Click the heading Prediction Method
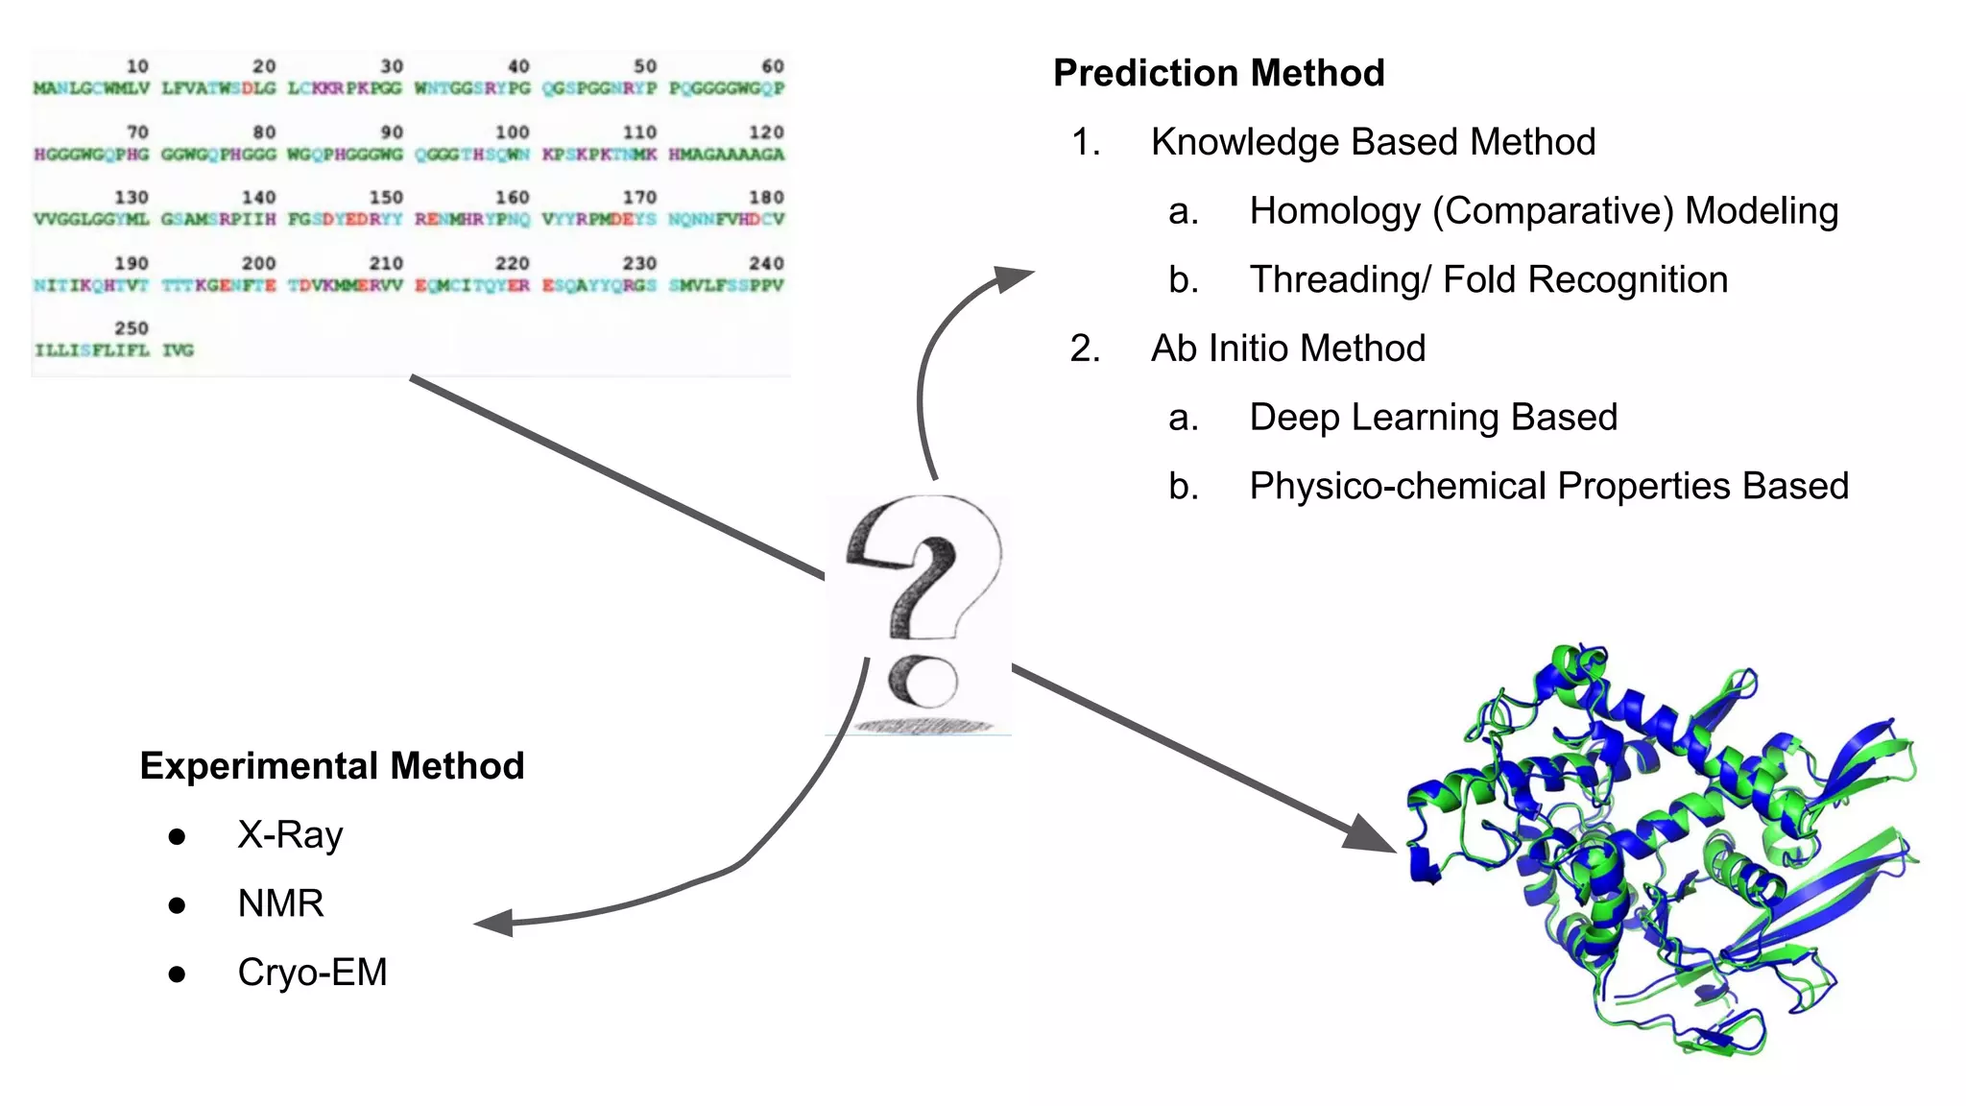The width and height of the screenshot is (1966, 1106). pyautogui.click(x=1218, y=73)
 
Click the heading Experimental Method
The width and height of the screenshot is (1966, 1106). pyautogui.click(x=331, y=766)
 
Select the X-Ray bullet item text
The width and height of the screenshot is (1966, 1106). pyautogui.click(x=290, y=835)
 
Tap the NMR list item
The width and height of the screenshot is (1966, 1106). pyautogui.click(x=280, y=904)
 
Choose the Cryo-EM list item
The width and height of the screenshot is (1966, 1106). pyautogui.click(x=312, y=973)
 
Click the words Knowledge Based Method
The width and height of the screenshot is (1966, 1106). pyautogui.click(x=1373, y=142)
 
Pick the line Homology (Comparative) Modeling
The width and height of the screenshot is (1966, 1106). pyautogui.click(x=1543, y=211)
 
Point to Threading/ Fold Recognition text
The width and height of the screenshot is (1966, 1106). pyautogui.click(x=1488, y=280)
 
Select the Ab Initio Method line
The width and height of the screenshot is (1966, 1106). pyautogui.click(x=1287, y=349)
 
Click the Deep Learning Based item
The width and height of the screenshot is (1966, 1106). pyautogui.click(x=1432, y=418)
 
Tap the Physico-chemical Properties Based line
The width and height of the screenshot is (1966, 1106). pyautogui.click(x=1548, y=487)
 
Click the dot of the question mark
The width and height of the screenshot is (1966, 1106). pyautogui.click(x=923, y=681)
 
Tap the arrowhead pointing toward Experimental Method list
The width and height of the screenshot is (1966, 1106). pyautogui.click(x=494, y=924)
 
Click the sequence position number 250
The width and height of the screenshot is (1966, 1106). pyautogui.click(x=132, y=328)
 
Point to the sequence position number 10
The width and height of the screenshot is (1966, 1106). pyautogui.click(x=137, y=66)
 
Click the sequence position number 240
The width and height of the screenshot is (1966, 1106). pyautogui.click(x=766, y=263)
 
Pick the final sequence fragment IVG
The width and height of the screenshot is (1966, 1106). pyautogui.click(x=178, y=350)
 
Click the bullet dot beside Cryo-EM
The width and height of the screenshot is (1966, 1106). pyautogui.click(x=177, y=974)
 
